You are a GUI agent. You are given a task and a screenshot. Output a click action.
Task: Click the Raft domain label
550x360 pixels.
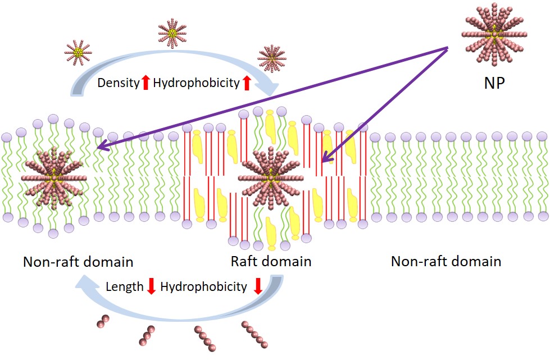coord(271,261)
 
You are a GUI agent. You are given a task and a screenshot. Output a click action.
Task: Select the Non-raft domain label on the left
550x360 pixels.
coord(78,262)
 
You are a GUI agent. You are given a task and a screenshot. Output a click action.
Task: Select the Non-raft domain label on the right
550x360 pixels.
coord(446,261)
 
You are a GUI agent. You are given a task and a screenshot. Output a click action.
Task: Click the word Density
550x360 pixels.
coord(118,83)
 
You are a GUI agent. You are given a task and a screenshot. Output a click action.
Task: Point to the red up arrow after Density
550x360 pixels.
coord(145,83)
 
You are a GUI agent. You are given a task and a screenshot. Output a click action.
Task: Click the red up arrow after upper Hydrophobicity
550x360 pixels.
coord(246,83)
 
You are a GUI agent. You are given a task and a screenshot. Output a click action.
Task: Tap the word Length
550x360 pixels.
coord(124,287)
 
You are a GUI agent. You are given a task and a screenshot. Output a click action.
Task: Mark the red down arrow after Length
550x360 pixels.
coord(151,287)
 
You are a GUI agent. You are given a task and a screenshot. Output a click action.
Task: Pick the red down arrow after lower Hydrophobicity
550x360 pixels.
coord(258,286)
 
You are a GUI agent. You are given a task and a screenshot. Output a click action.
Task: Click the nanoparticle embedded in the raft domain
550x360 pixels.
coord(271,177)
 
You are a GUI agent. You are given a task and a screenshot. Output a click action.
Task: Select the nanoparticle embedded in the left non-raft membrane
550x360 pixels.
coord(54,177)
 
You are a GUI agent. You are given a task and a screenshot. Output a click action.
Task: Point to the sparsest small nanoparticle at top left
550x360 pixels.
coord(79,52)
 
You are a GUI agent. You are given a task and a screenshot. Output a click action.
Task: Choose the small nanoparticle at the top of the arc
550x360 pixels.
coord(173,33)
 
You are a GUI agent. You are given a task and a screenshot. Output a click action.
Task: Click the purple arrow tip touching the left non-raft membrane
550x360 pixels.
coord(99,148)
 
